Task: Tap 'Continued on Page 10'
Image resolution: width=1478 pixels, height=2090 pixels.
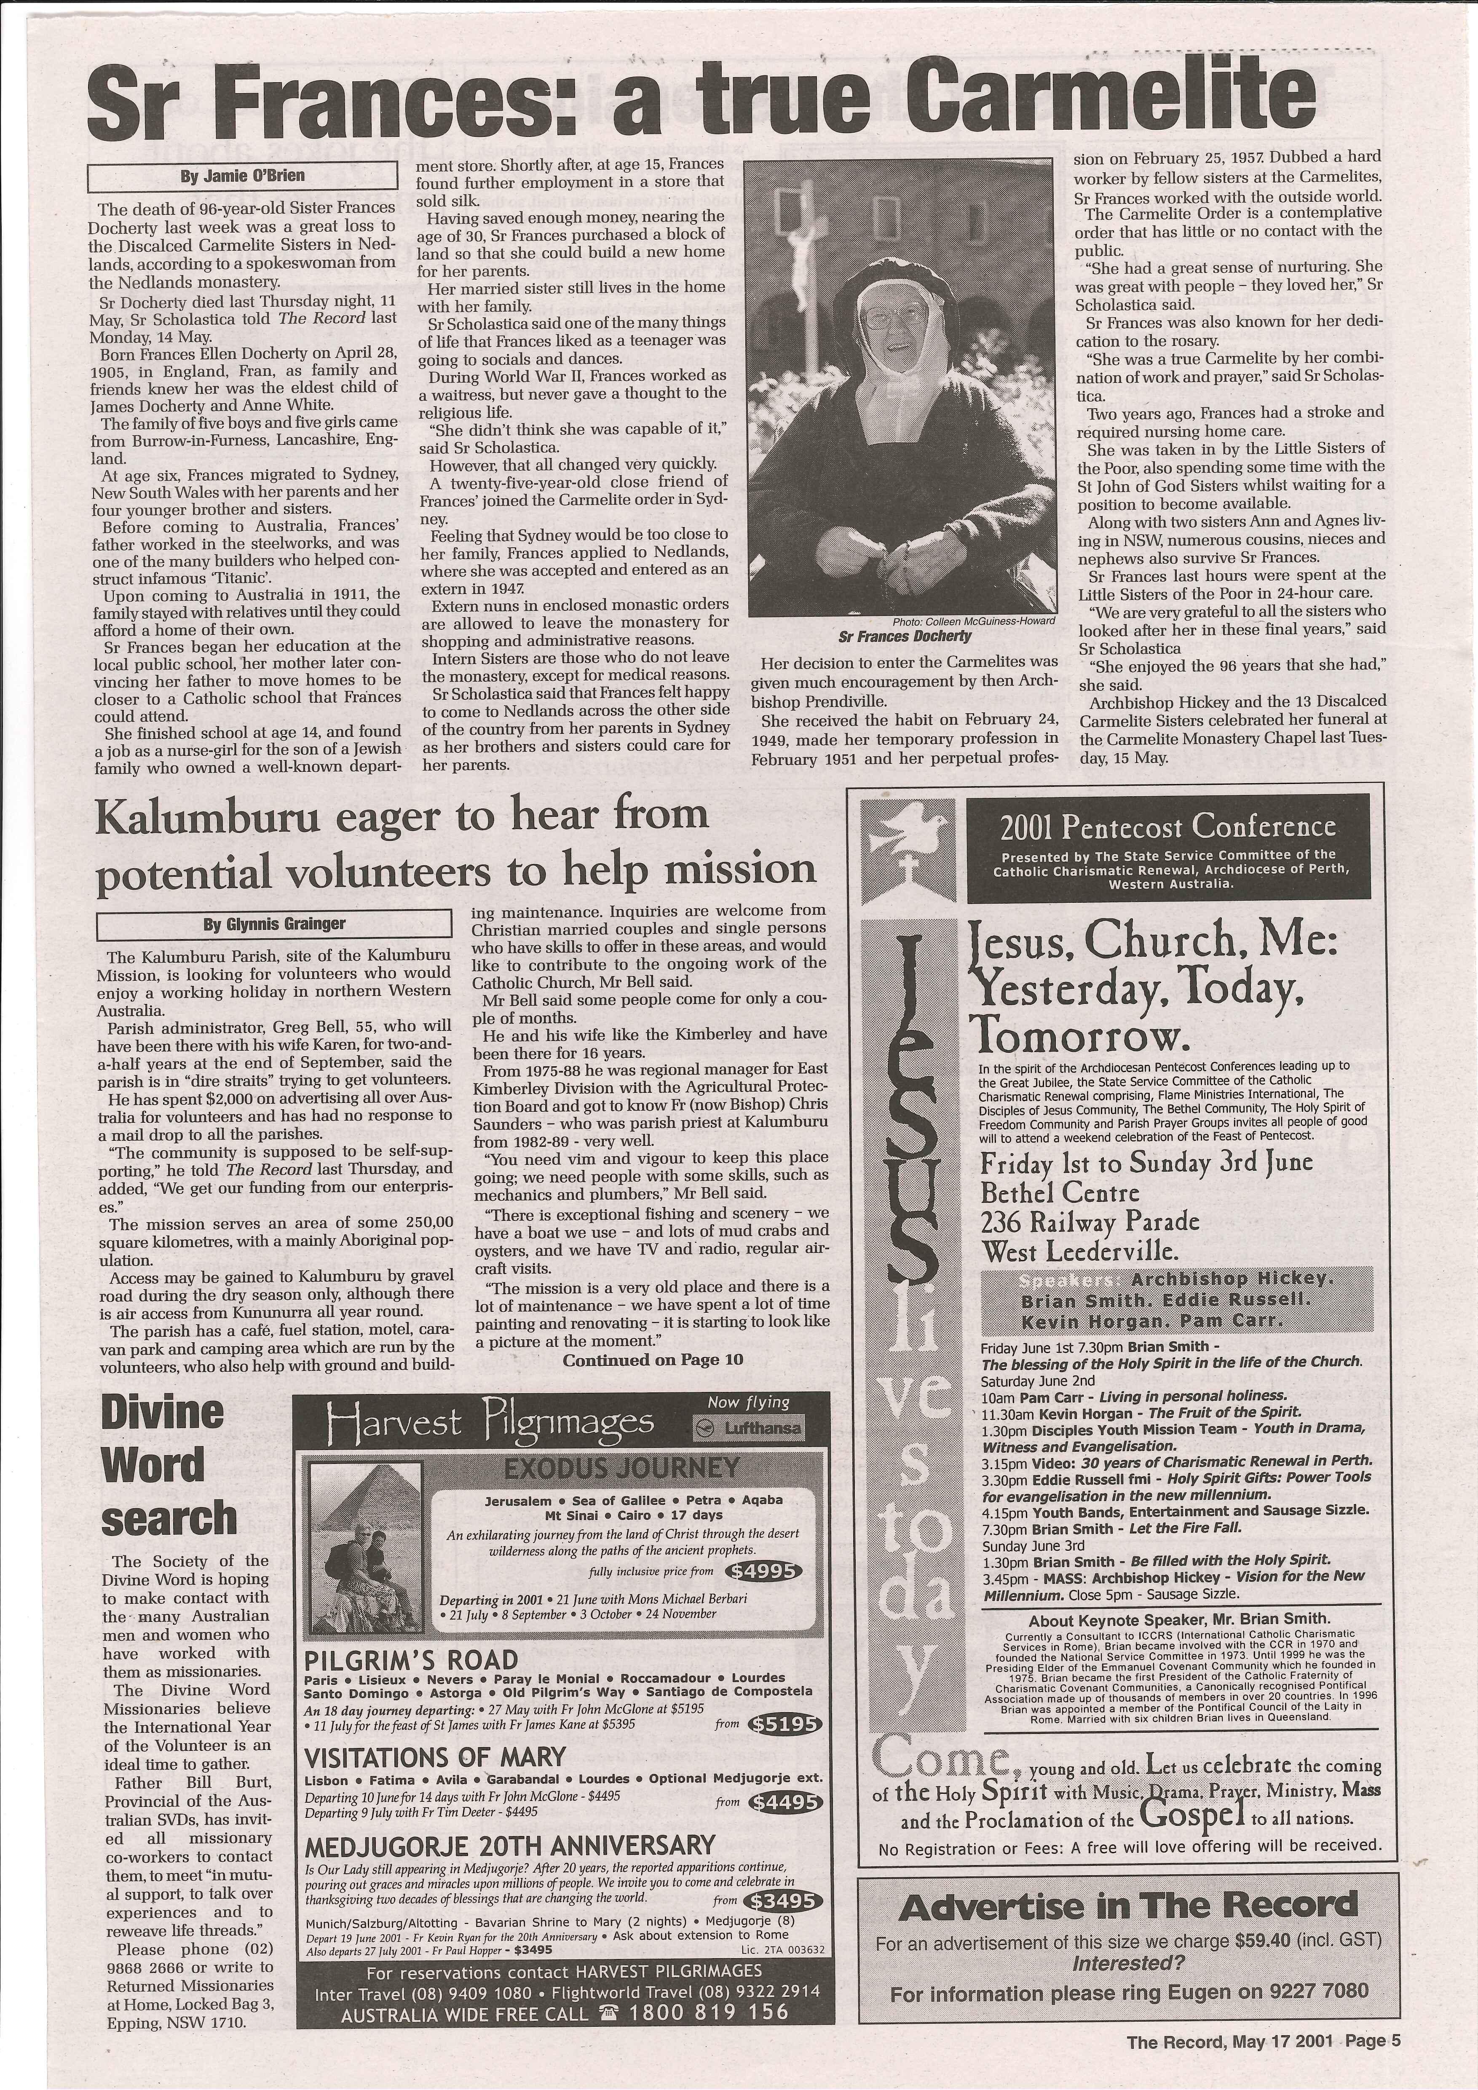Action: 653,1360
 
